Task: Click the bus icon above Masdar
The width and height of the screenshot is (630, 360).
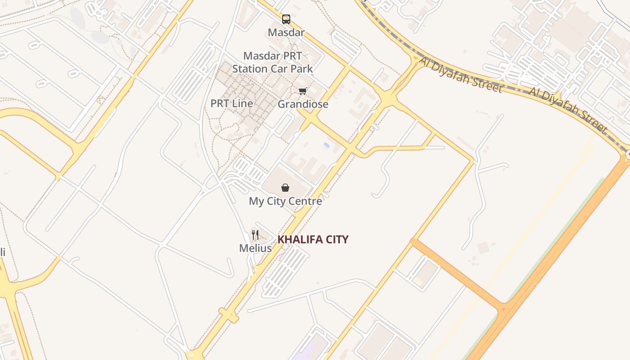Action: tap(286, 19)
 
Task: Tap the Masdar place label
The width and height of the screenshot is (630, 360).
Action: tap(286, 32)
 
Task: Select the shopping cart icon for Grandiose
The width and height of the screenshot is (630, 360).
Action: tap(303, 91)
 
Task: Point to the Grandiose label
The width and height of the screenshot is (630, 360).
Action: tap(303, 104)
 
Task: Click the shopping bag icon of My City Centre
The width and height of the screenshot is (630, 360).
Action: tap(285, 188)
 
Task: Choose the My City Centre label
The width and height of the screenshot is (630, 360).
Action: tap(285, 201)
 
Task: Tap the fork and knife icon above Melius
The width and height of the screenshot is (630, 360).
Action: tap(255, 234)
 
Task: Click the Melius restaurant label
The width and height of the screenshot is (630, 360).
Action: tap(255, 248)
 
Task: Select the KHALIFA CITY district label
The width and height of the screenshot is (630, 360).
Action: tap(313, 239)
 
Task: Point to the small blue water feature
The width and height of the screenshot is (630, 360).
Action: tap(326, 145)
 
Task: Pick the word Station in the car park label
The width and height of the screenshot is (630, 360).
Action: tap(250, 69)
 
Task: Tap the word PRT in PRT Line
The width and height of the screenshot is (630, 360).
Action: tap(220, 103)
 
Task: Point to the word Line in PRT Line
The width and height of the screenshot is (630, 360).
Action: tap(243, 103)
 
